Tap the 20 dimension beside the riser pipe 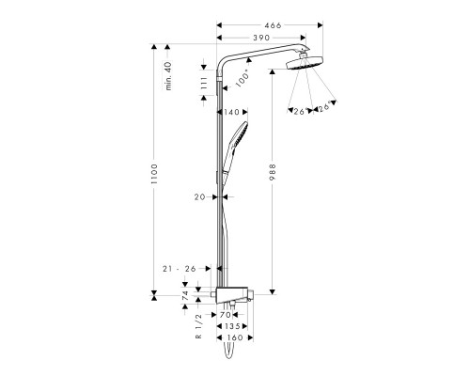pos(198,197)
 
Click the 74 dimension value pos(184,295)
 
